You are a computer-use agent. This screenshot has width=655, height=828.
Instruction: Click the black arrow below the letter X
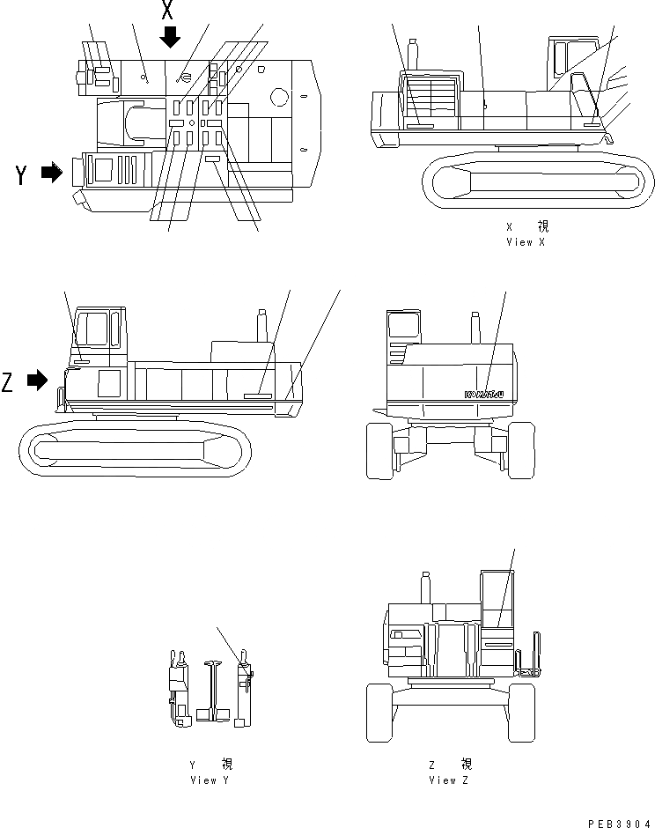pos(170,37)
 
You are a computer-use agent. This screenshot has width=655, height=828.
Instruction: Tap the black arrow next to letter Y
pos(52,173)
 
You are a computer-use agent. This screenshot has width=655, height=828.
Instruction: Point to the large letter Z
pos(9,382)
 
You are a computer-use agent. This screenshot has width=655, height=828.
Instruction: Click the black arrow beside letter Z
pos(37,381)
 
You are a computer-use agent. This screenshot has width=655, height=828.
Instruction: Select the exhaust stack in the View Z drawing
pos(425,587)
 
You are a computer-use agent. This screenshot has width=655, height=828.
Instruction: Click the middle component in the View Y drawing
pos(211,686)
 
